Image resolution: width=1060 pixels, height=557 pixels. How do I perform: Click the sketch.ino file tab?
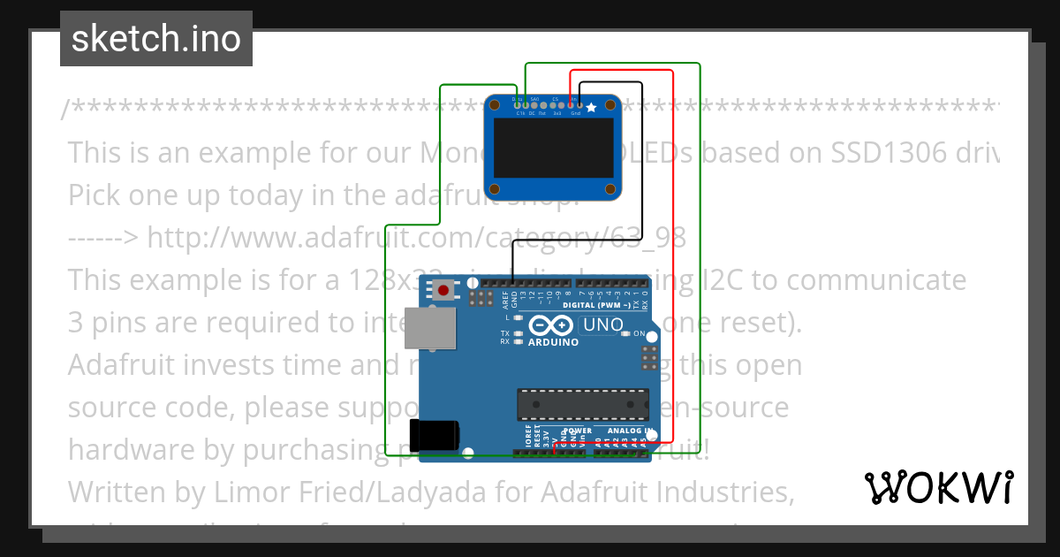(x=156, y=39)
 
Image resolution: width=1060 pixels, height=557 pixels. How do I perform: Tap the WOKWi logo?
(x=938, y=487)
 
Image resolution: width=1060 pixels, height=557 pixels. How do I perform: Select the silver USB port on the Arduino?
(x=430, y=327)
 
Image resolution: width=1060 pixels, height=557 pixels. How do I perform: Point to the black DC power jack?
(x=438, y=435)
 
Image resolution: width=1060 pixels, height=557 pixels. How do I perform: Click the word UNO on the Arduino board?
(x=603, y=325)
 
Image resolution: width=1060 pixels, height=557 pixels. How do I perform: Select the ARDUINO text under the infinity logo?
(x=553, y=342)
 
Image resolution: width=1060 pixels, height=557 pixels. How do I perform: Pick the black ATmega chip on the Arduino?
(x=583, y=404)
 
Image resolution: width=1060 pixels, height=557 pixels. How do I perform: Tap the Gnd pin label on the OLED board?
(x=576, y=113)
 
